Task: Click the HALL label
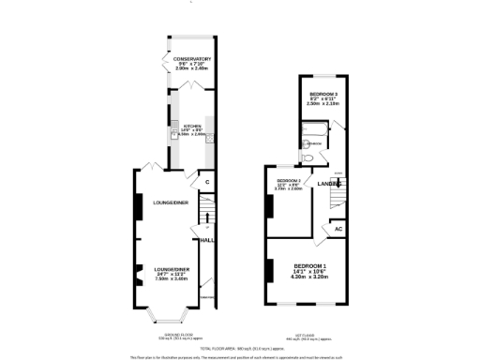point(206,241)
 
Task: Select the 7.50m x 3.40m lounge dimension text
point(173,278)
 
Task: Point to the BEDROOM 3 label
point(324,95)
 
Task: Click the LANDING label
point(328,184)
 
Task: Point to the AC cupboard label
point(338,229)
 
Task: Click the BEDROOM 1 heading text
point(310,265)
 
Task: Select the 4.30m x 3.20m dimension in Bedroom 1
point(310,277)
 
